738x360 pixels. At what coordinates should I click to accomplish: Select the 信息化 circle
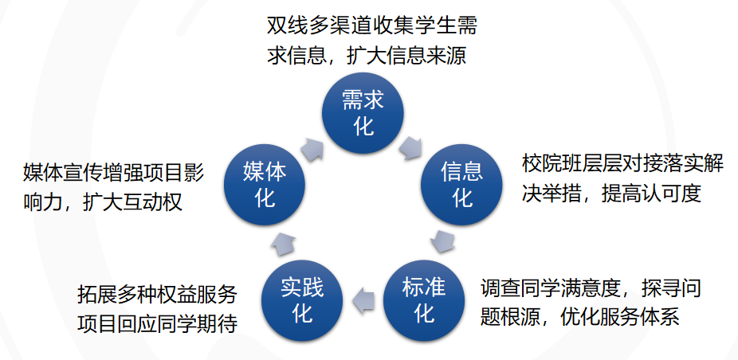point(462,182)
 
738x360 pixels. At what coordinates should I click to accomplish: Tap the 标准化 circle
point(423,299)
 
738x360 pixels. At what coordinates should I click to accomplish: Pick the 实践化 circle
point(303,299)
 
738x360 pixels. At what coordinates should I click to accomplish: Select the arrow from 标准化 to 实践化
point(363,299)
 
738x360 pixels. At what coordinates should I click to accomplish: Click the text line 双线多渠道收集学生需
point(372,25)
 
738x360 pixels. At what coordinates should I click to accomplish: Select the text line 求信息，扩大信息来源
point(366,55)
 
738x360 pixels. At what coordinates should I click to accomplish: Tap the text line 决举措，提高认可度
point(611,195)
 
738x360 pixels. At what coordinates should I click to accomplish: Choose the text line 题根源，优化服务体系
point(579,318)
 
